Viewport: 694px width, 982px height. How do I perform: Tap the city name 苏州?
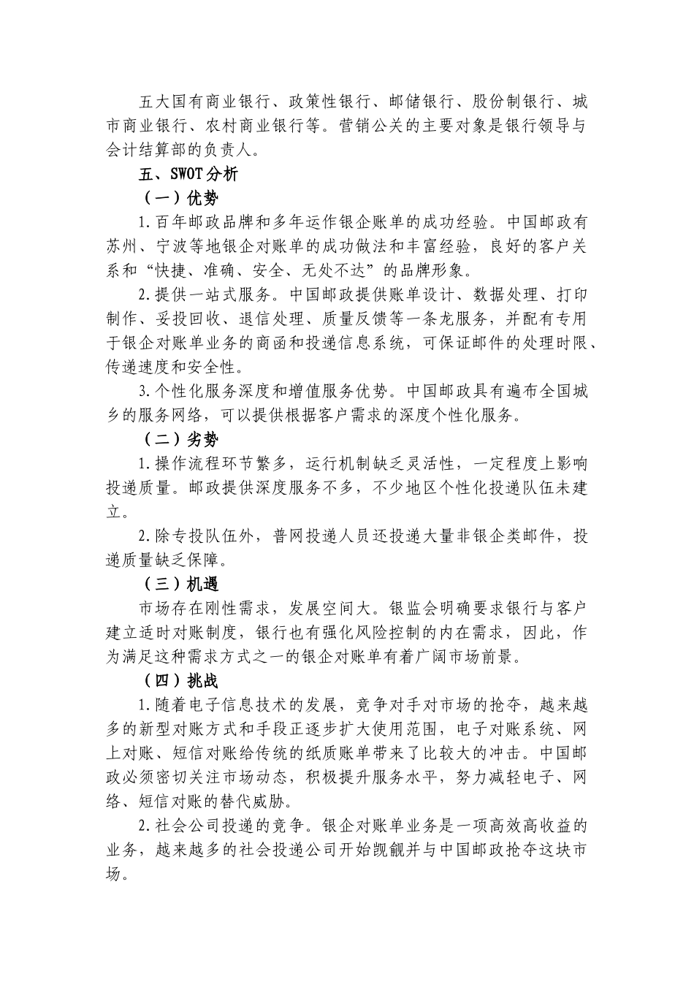coord(122,247)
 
